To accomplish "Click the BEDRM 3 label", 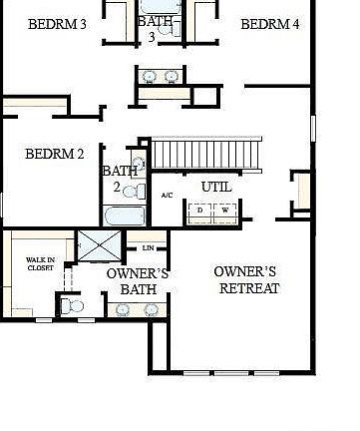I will coord(55,24).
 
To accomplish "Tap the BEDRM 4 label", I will coord(269,24).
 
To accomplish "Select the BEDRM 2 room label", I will coord(54,154).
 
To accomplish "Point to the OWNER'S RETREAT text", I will coord(247,279).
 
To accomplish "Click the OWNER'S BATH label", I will coord(138,280).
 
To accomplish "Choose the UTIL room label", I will coord(216,187).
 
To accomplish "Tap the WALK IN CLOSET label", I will coord(40,263).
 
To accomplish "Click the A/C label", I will coord(167,196).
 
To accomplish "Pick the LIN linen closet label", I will coord(149,247).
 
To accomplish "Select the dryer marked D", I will coord(200,211).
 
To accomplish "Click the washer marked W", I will coord(225,211).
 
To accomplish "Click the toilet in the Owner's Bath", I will coord(71,306).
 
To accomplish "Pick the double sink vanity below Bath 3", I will coord(160,76).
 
